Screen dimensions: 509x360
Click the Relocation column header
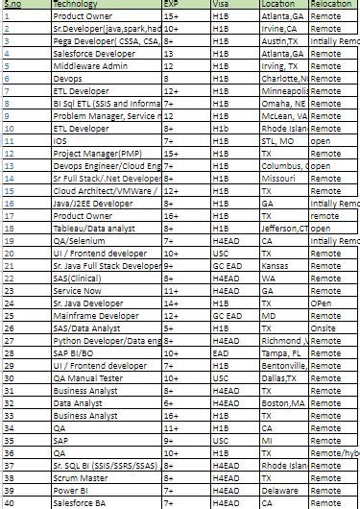coord(331,5)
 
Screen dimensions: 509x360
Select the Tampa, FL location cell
coord(282,352)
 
